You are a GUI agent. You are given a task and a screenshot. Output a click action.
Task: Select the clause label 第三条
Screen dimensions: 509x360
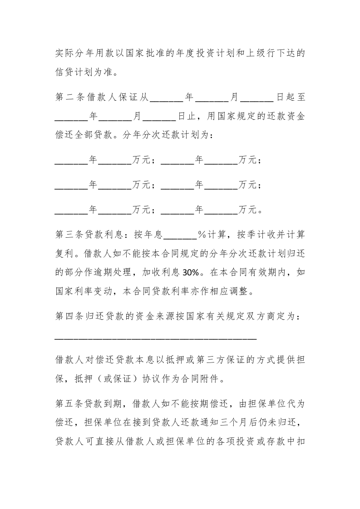[x=71, y=235]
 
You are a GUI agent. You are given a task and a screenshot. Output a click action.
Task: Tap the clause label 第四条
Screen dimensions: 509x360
[x=71, y=317]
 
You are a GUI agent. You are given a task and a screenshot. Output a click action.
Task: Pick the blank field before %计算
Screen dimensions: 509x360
[x=179, y=235]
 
